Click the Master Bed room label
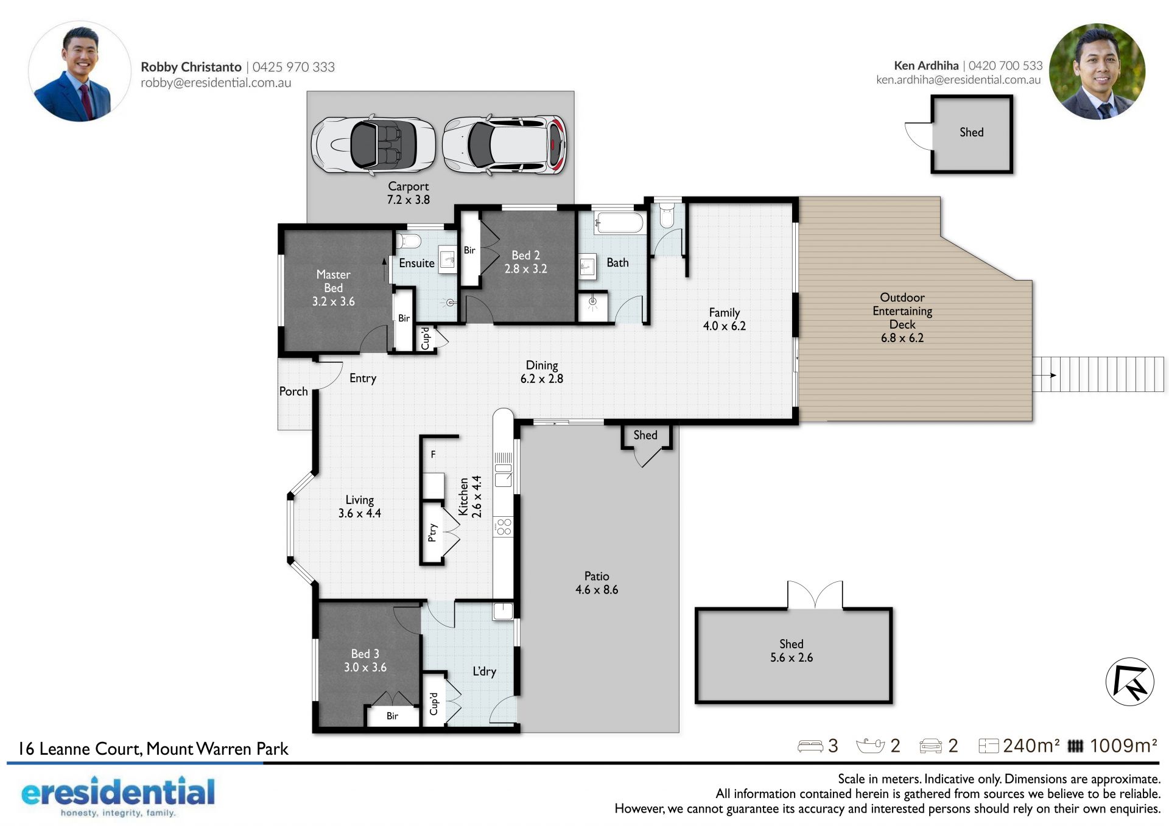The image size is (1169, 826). (333, 288)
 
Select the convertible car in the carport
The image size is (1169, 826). (373, 145)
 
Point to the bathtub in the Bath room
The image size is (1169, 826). (619, 223)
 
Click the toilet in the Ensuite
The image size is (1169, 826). (409, 241)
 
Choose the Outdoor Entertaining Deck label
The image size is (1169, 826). (902, 317)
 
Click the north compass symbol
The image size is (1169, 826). (1130, 682)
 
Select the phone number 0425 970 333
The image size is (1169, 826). (293, 67)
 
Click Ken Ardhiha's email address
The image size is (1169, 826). (958, 80)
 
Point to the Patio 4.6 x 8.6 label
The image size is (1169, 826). (597, 583)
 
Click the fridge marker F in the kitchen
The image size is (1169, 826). (434, 454)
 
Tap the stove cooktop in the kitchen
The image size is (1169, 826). (504, 527)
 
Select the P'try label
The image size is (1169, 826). (432, 533)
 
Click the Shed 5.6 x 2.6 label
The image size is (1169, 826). (792, 651)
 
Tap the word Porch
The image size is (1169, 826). (293, 391)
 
